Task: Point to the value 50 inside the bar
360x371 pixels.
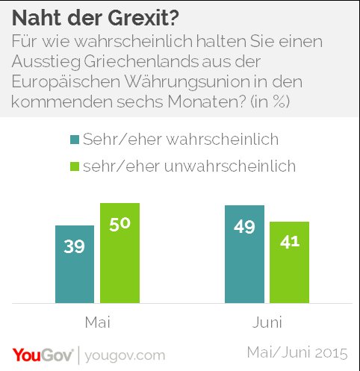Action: pyautogui.click(x=120, y=225)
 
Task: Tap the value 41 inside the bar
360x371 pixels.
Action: pyautogui.click(x=289, y=243)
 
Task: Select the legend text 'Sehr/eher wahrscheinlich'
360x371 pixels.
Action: pyautogui.click(x=181, y=140)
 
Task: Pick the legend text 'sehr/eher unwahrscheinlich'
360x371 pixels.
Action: pyautogui.click(x=190, y=166)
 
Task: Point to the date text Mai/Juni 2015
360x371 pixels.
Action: pyautogui.click(x=296, y=351)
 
